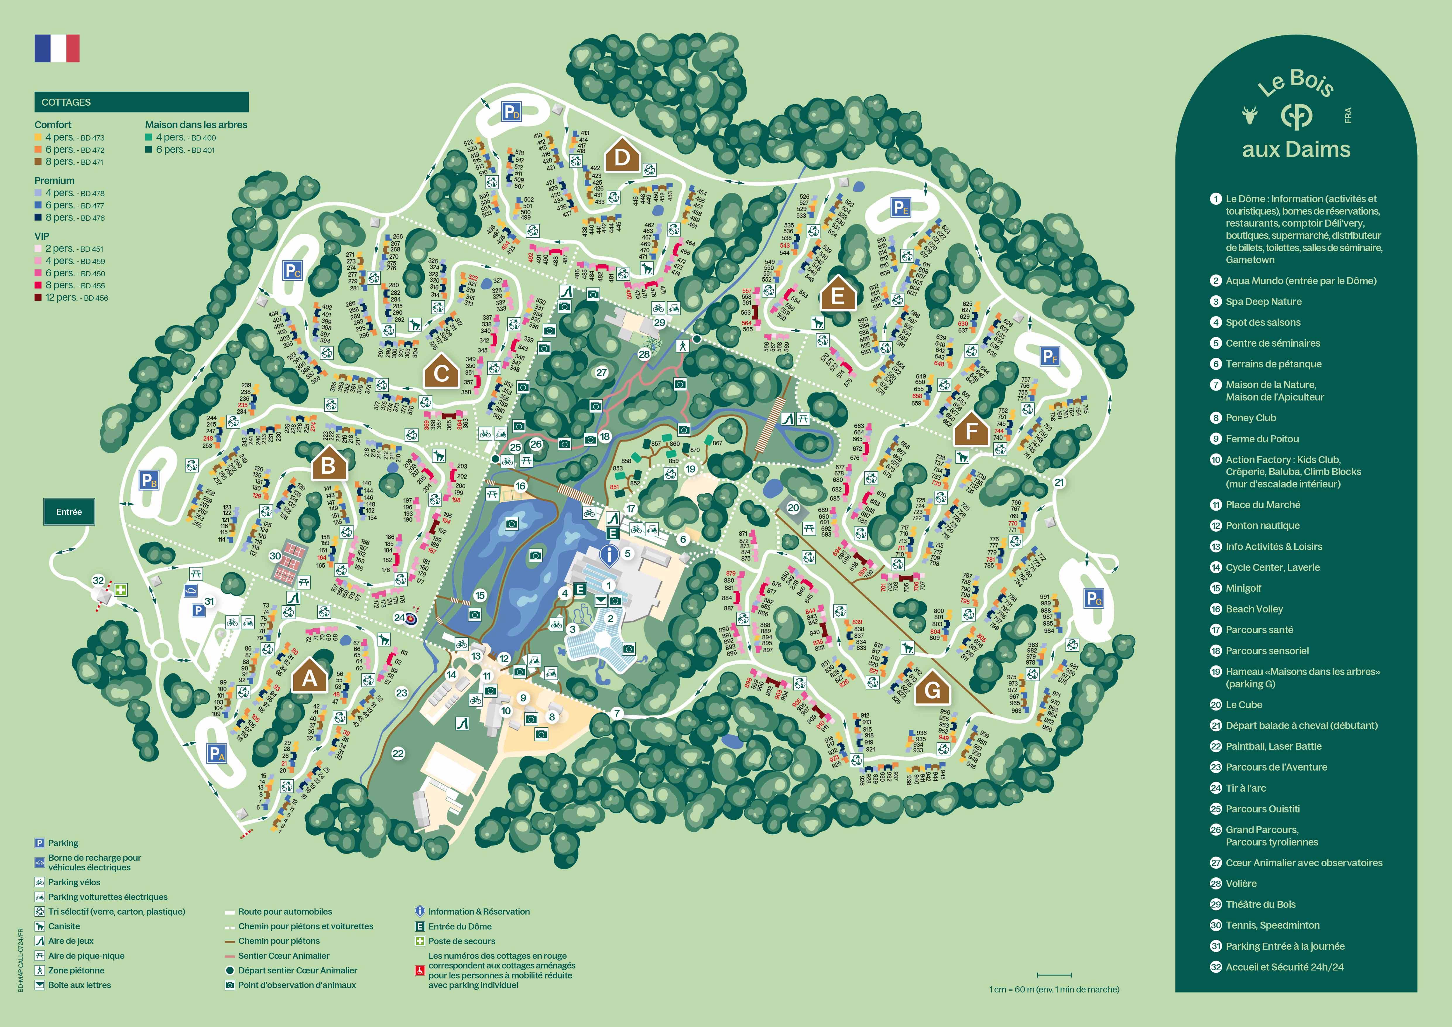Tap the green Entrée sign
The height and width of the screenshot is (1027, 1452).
click(69, 512)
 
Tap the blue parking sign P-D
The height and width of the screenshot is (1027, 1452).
click(511, 112)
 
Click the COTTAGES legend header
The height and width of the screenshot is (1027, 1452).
click(141, 102)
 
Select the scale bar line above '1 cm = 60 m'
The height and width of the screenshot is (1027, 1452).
click(1054, 975)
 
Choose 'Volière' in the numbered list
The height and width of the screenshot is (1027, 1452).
click(1241, 884)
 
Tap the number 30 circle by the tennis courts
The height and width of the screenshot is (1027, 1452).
click(275, 556)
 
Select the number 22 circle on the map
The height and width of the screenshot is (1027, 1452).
click(398, 753)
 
